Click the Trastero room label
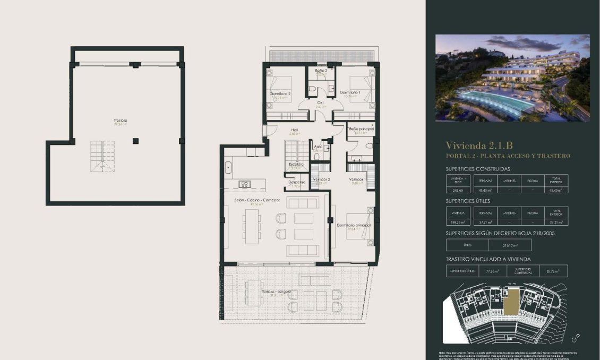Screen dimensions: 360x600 click(120, 121)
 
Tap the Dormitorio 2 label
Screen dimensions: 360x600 click(280, 93)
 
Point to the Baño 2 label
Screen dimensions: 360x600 click(321, 70)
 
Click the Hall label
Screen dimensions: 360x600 click(294, 130)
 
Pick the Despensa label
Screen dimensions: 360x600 click(297, 182)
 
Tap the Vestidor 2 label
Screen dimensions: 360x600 click(321, 179)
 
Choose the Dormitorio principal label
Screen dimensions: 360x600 click(354, 225)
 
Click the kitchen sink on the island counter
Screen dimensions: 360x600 click(245, 185)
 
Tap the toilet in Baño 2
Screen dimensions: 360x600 click(313, 88)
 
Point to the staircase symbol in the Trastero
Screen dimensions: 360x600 click(99, 156)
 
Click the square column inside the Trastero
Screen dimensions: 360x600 click(136, 141)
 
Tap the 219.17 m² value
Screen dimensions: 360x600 click(509, 245)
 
